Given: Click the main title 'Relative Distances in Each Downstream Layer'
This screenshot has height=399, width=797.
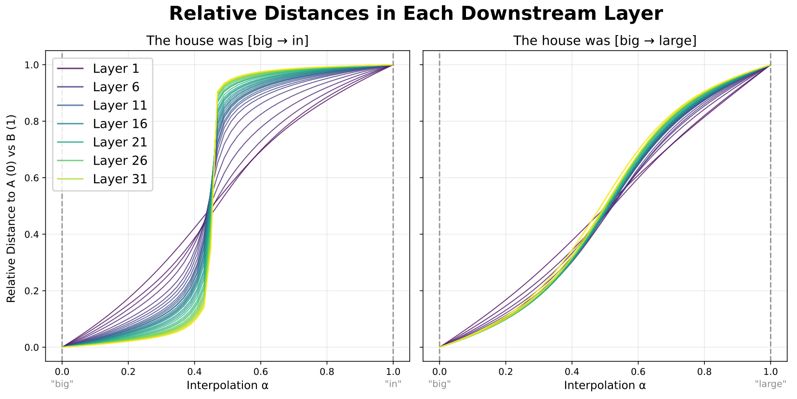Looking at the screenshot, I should (x=415, y=14).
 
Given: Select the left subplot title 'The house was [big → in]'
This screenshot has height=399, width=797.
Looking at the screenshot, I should (x=227, y=41).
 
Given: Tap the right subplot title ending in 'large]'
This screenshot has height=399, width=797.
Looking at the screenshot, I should (x=605, y=41).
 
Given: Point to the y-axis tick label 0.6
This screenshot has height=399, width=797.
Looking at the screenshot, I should (x=32, y=178).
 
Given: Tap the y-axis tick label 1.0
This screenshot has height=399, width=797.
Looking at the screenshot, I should (x=32, y=65).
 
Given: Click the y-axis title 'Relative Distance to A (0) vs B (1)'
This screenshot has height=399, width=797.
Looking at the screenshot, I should (x=11, y=208).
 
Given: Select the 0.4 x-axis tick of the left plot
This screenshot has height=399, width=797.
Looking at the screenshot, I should (x=194, y=371).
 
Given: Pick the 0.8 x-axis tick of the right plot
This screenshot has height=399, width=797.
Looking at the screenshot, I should (x=704, y=371).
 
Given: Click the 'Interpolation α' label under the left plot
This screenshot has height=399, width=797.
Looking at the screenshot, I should (x=227, y=385).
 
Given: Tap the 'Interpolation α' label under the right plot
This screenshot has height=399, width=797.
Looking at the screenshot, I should (x=605, y=385).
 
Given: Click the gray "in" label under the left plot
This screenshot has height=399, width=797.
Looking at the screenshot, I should (x=393, y=384).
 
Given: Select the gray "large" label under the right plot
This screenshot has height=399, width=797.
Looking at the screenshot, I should (x=770, y=384).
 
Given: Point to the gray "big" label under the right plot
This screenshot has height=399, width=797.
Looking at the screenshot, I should (x=439, y=384).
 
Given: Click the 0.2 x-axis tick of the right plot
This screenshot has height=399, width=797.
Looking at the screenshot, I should (x=505, y=371).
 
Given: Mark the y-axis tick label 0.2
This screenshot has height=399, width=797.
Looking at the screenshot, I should (x=32, y=291).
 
